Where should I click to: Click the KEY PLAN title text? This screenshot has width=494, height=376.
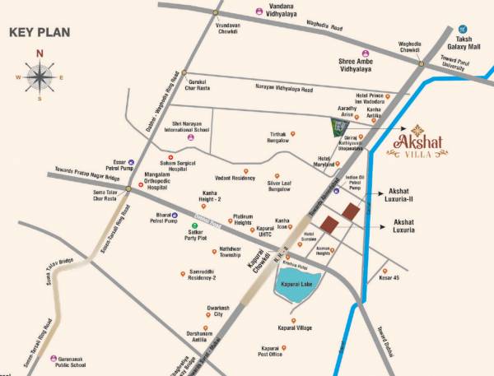tap(40, 33)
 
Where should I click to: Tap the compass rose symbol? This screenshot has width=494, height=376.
tap(39, 77)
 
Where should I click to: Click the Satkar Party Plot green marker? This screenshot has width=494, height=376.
tap(195, 225)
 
